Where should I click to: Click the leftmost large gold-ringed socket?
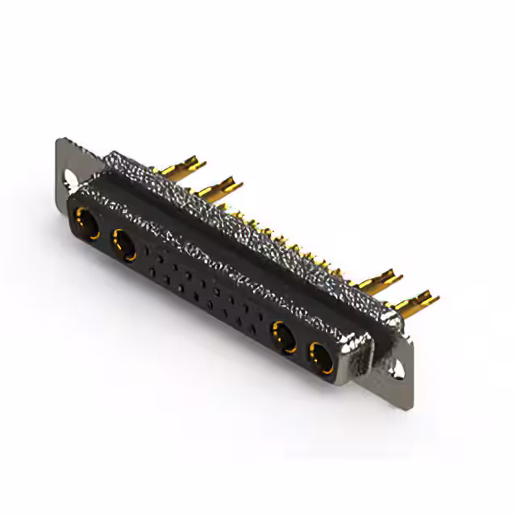point(86,222)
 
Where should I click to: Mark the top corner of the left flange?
point(60,140)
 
